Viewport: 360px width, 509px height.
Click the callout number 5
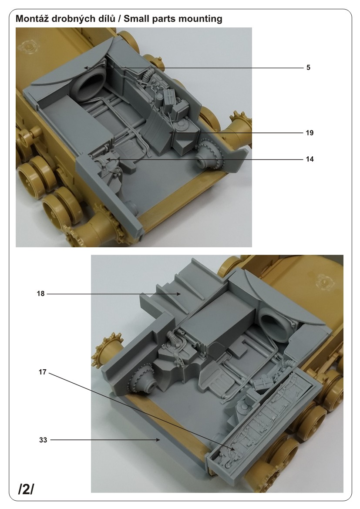[x=308, y=67]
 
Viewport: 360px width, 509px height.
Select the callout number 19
[x=310, y=133]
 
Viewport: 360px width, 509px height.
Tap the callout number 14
[x=310, y=159]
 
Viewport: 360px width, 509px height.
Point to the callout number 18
[x=40, y=294]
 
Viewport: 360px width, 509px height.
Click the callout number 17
[x=43, y=372]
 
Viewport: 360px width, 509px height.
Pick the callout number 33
[x=43, y=440]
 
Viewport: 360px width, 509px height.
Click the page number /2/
[x=26, y=489]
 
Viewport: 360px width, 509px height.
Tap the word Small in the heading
[x=136, y=18]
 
